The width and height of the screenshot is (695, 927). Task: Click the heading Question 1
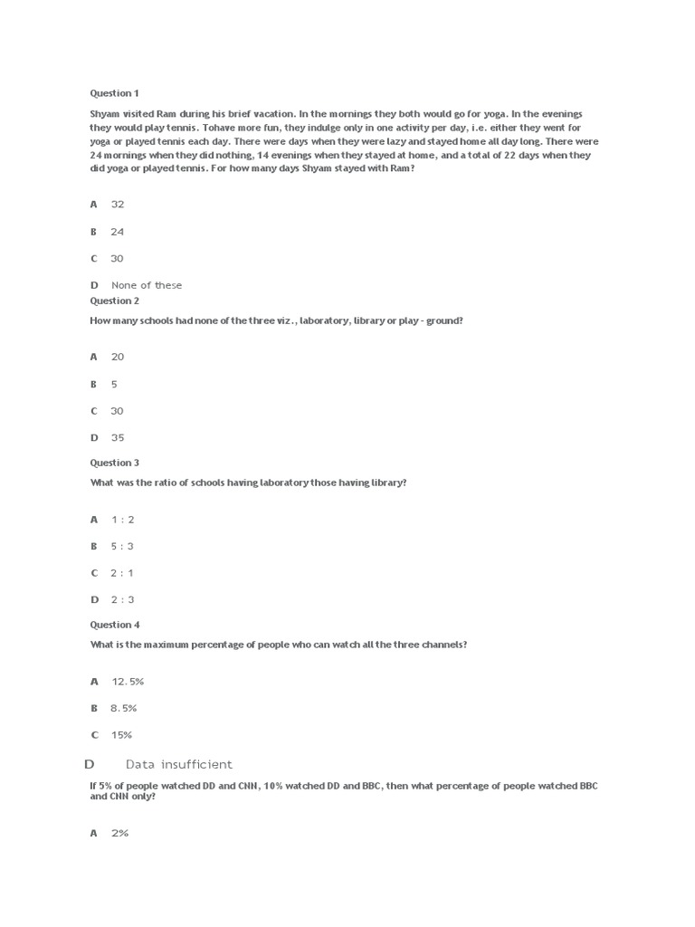click(x=115, y=93)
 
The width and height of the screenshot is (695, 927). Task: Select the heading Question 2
click(x=115, y=301)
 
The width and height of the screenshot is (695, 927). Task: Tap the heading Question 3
click(x=115, y=463)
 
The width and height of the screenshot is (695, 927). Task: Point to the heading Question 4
click(x=115, y=625)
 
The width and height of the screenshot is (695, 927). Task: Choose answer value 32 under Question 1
click(x=118, y=205)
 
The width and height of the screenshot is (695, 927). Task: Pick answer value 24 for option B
click(x=118, y=232)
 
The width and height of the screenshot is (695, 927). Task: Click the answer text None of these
click(x=147, y=285)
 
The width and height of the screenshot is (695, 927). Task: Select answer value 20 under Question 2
click(x=118, y=358)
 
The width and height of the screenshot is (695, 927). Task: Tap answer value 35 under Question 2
click(x=118, y=437)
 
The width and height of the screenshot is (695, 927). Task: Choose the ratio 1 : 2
click(x=123, y=520)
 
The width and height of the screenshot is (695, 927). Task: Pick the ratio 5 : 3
click(x=123, y=546)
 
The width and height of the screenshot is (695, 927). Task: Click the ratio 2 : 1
click(x=123, y=573)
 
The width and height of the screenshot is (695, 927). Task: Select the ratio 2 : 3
click(x=123, y=599)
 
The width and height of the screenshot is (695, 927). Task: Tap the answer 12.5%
click(x=128, y=681)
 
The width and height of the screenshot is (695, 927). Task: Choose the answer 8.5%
click(x=124, y=708)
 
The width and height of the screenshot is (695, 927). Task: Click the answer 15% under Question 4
click(x=121, y=734)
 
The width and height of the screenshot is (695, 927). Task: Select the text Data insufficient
click(x=179, y=765)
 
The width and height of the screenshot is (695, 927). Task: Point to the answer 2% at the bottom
click(x=120, y=833)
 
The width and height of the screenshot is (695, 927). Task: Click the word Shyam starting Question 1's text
click(x=104, y=115)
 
